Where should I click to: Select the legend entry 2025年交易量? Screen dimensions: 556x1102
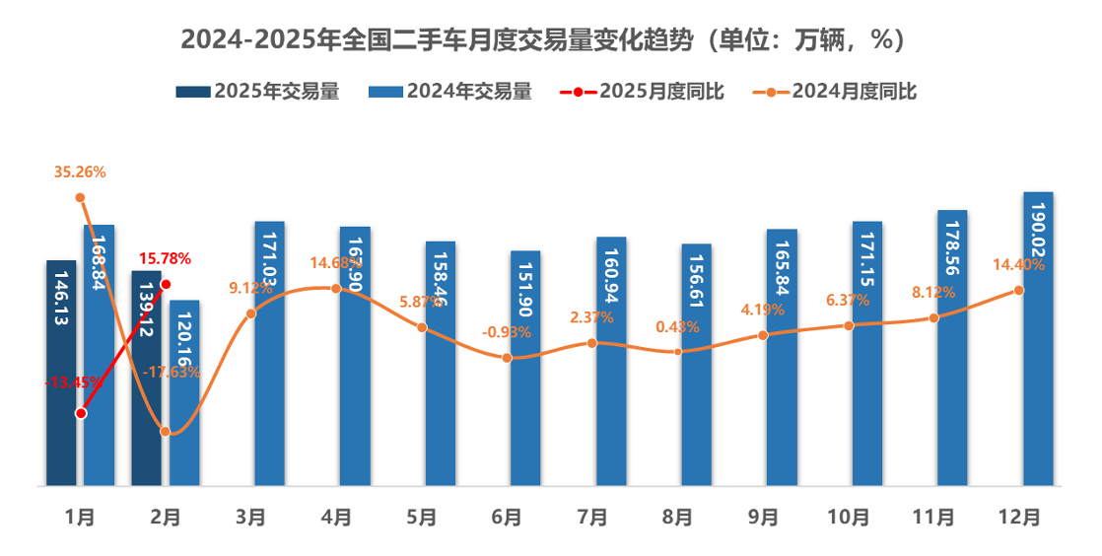pos(258,92)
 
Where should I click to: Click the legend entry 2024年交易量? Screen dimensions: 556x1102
pos(450,92)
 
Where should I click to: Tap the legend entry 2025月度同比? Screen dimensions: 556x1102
pos(643,92)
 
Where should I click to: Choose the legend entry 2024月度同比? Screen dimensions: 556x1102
pos(835,92)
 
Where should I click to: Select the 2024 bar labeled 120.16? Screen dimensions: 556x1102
pos(184,394)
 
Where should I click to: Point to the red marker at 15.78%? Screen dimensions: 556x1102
pos(166,284)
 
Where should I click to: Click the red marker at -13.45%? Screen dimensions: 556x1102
pos(81,413)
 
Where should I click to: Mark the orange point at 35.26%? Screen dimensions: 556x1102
pos(81,197)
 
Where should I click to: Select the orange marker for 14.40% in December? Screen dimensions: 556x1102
pos(1018,290)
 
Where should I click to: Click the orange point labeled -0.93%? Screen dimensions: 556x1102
pos(507,357)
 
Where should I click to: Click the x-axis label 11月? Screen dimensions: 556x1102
pos(932,517)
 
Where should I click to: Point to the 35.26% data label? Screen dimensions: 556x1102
pos(81,173)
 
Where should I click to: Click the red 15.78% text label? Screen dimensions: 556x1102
pos(165,258)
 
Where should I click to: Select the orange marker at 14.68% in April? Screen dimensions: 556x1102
pos(336,288)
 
